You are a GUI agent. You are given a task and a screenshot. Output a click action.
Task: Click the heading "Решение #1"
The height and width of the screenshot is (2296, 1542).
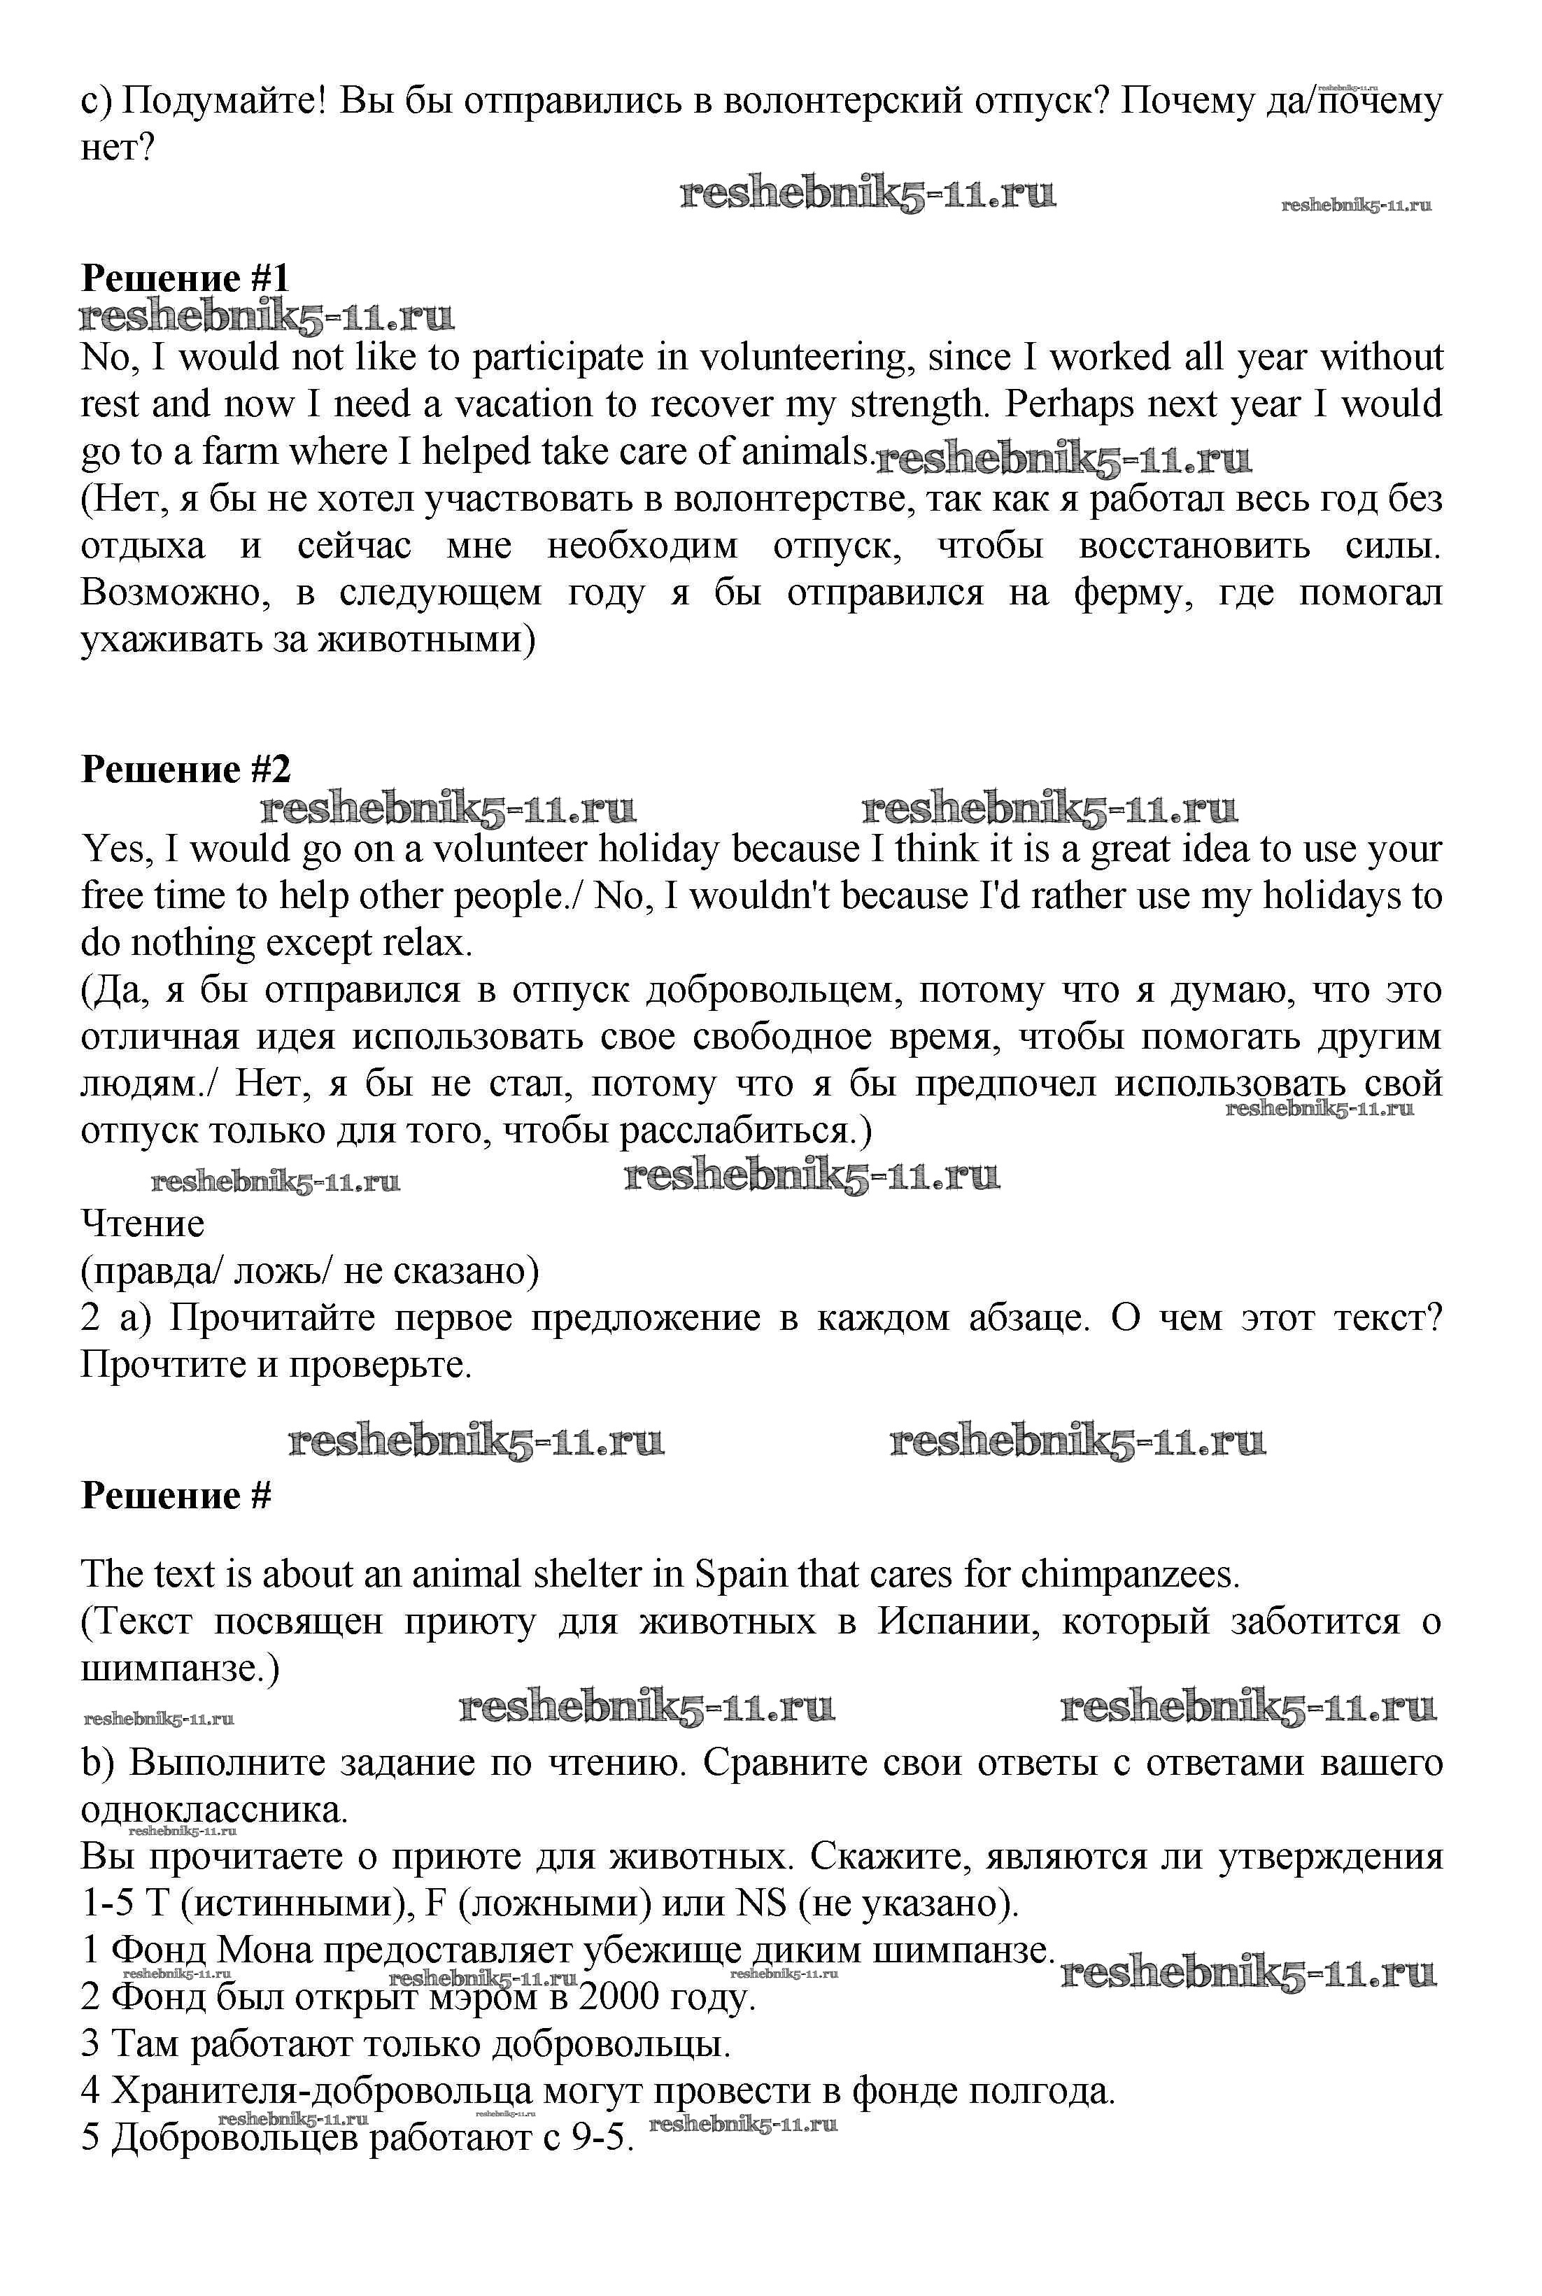185,279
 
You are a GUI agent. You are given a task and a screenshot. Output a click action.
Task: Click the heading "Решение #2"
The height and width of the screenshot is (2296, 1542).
185,769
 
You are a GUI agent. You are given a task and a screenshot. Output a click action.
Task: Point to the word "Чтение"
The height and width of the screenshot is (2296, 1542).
143,1224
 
